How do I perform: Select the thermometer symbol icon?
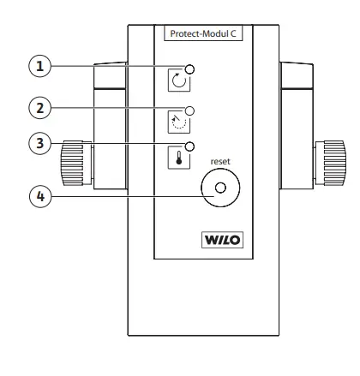[x=178, y=158]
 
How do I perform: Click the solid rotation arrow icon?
[x=178, y=81]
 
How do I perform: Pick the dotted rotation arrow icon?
[x=178, y=121]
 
